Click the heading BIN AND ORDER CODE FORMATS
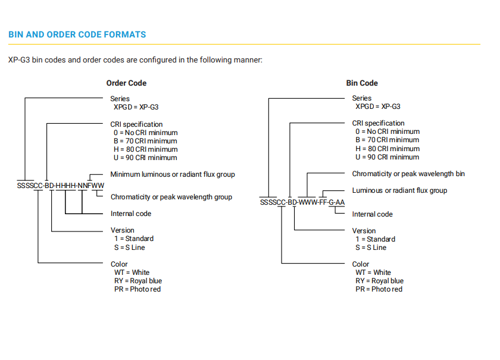(x=77, y=35)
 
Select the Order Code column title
(x=126, y=83)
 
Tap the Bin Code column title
(x=362, y=83)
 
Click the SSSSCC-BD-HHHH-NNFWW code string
(x=61, y=185)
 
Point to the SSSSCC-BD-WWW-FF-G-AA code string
(x=302, y=202)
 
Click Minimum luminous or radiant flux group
(x=173, y=174)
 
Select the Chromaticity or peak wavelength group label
(x=171, y=197)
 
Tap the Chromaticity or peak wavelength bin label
(x=408, y=174)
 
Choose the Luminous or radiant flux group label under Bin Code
(x=399, y=190)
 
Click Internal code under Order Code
(x=131, y=214)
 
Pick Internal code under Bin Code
(x=372, y=214)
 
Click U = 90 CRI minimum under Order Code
(x=145, y=158)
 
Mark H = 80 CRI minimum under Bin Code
(x=387, y=149)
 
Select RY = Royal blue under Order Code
(x=138, y=281)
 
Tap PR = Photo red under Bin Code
(x=379, y=289)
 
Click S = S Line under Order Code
(x=130, y=248)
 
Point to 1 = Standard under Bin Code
(x=376, y=239)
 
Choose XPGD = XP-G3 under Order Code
(x=136, y=107)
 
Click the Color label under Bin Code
(x=360, y=264)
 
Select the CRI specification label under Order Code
(x=136, y=124)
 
